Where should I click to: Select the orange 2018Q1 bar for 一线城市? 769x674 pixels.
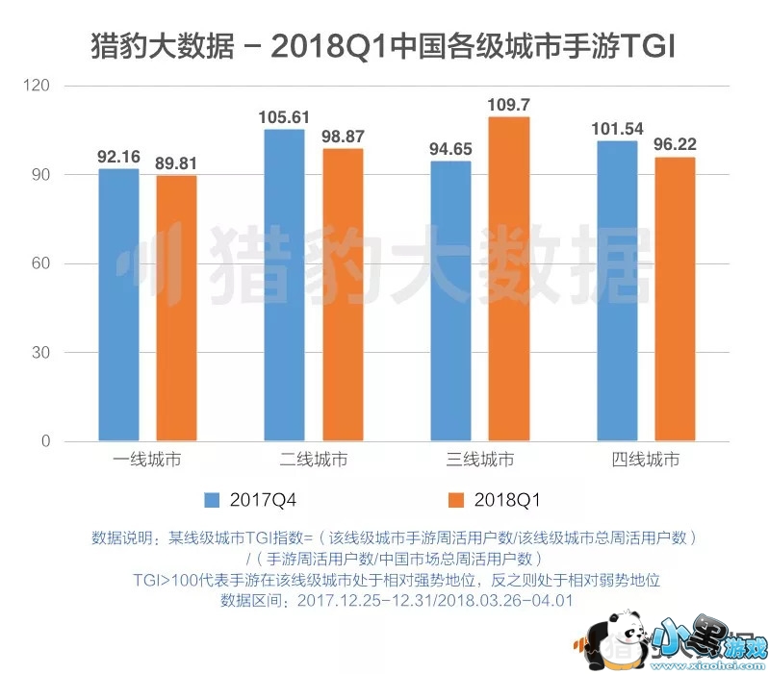[x=176, y=309]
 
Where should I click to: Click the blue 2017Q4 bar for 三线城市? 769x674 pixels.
[x=450, y=302]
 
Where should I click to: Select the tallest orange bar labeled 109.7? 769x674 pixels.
[x=508, y=279]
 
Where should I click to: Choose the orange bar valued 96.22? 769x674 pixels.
[x=675, y=299]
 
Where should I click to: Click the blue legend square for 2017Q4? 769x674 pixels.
[x=213, y=500]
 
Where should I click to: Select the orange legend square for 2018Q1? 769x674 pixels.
[x=454, y=500]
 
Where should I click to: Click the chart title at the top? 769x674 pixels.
[x=384, y=45]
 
